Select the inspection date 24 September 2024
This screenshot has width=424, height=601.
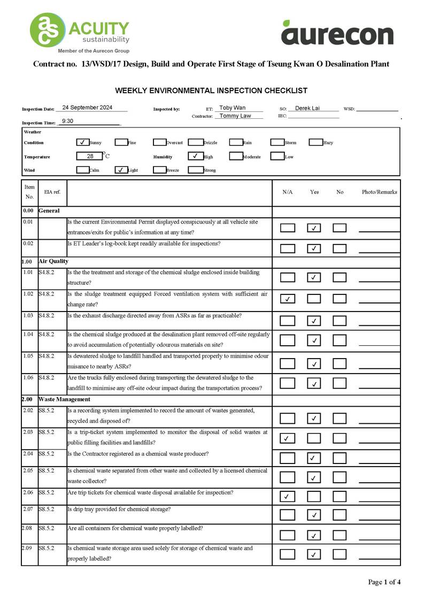tap(87, 108)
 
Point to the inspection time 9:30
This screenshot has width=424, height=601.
tap(67, 121)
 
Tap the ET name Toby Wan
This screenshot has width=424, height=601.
tap(233, 108)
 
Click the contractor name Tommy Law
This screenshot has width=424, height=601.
tap(235, 116)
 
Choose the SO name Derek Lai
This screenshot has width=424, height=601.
tap(307, 108)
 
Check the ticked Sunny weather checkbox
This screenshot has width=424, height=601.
tap(82, 142)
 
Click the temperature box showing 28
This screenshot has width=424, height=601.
tap(90, 156)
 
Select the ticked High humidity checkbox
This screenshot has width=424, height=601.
tap(195, 156)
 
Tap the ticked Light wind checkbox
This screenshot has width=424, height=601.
tap(121, 170)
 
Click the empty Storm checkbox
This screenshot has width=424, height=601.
tap(276, 142)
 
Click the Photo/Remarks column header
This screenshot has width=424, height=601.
tap(379, 192)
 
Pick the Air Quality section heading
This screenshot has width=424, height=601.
tap(53, 261)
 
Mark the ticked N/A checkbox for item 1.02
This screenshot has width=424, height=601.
tap(288, 299)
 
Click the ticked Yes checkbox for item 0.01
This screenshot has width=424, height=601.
tap(314, 228)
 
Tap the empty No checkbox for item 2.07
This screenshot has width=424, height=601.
tap(340, 515)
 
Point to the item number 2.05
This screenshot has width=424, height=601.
tap(29, 471)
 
